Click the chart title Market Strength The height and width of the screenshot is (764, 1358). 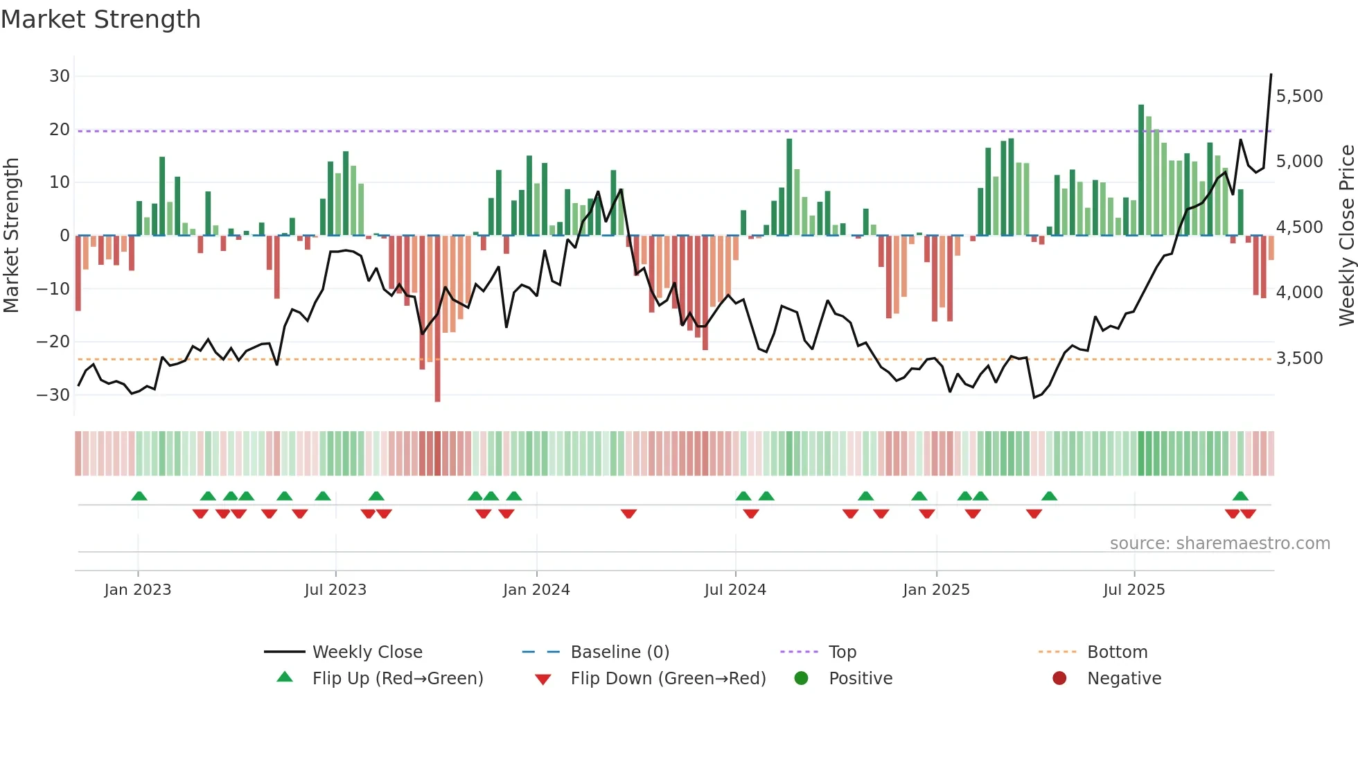click(100, 19)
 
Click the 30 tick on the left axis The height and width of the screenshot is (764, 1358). click(60, 76)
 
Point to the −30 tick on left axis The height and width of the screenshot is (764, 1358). click(54, 395)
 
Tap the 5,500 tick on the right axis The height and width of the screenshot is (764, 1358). click(1299, 96)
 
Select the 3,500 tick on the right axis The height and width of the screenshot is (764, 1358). click(1299, 358)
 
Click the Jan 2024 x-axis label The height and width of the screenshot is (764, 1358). click(536, 590)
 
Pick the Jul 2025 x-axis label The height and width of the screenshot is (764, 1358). click(1134, 590)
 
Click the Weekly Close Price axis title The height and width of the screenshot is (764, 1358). click(1346, 236)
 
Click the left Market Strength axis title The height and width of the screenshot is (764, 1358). click(12, 236)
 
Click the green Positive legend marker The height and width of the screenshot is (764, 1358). click(801, 679)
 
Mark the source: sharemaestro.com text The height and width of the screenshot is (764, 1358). click(1219, 544)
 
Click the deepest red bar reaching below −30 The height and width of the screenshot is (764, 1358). click(437, 319)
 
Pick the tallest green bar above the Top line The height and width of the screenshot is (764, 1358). click(1141, 170)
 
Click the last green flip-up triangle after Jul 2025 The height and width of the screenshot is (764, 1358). click(1240, 496)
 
